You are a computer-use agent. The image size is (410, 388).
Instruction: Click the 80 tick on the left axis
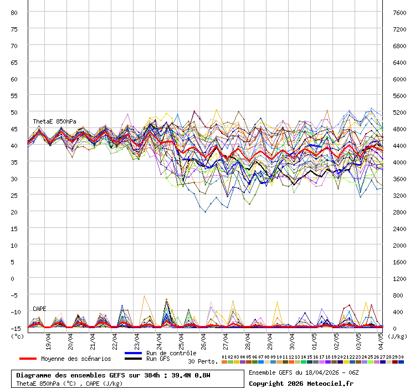click(15, 12)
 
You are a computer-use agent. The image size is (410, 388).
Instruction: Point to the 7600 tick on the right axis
click(398, 12)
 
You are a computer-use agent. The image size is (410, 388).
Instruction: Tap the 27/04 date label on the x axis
click(225, 338)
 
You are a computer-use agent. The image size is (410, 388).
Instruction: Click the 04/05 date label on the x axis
click(381, 338)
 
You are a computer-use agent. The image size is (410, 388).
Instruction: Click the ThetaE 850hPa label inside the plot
click(54, 121)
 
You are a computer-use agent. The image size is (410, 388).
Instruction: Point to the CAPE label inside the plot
click(39, 309)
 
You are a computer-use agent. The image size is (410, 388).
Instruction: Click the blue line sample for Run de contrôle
click(133, 353)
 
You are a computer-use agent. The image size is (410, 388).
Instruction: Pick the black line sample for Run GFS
click(133, 359)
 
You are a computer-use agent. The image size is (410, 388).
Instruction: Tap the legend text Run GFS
click(158, 359)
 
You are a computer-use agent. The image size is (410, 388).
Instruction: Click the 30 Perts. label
click(203, 361)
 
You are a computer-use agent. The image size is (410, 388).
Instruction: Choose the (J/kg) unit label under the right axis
click(397, 336)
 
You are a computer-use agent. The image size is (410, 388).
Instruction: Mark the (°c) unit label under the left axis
click(17, 336)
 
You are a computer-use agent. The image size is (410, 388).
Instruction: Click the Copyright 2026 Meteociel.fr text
click(301, 383)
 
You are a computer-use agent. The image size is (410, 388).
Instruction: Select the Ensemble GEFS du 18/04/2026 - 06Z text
click(304, 372)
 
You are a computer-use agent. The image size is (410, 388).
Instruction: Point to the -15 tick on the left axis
click(14, 328)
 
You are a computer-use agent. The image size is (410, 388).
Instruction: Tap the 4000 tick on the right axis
click(398, 162)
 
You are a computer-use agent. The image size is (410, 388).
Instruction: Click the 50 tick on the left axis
click(15, 112)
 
